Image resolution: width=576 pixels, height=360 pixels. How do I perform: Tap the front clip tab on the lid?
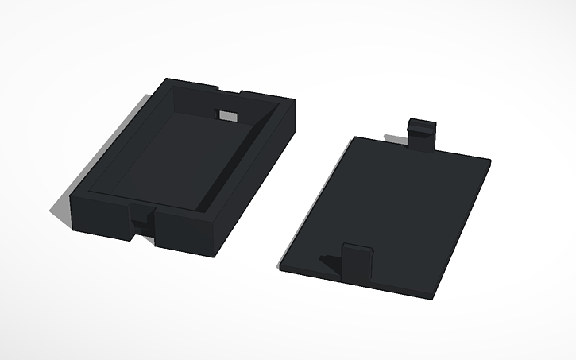click(x=358, y=261)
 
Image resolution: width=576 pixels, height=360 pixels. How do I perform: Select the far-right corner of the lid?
click(x=489, y=163)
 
